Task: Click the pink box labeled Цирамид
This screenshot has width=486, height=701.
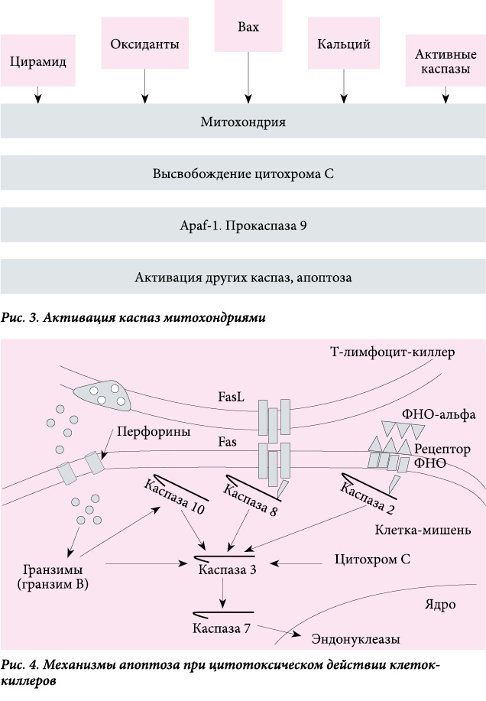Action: click(38, 61)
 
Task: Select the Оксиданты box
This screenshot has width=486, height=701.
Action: click(144, 44)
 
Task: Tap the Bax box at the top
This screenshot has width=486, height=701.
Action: click(248, 26)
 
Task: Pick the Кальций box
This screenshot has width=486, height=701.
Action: click(344, 44)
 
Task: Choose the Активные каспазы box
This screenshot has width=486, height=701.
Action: click(446, 61)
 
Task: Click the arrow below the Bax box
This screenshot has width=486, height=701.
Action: click(248, 78)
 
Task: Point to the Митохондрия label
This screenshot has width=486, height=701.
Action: click(243, 122)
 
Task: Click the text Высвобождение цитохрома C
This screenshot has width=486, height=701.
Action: click(243, 174)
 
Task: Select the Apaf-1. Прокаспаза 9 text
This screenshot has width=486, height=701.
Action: click(243, 226)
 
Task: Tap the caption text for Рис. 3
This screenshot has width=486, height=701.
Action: click(133, 318)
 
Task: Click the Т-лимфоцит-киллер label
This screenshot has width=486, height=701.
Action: click(392, 352)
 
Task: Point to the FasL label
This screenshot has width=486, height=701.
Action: click(232, 397)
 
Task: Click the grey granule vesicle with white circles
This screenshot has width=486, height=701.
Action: click(103, 395)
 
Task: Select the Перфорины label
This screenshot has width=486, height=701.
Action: click(154, 431)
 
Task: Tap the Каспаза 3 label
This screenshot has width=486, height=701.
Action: click(227, 570)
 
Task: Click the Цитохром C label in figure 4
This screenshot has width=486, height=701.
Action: click(373, 560)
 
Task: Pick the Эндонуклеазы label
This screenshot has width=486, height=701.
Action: click(355, 639)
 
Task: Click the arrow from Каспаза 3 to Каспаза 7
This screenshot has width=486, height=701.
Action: click(223, 593)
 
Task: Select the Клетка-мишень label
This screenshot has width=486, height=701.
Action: click(423, 530)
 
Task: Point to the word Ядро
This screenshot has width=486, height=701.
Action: click(440, 605)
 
